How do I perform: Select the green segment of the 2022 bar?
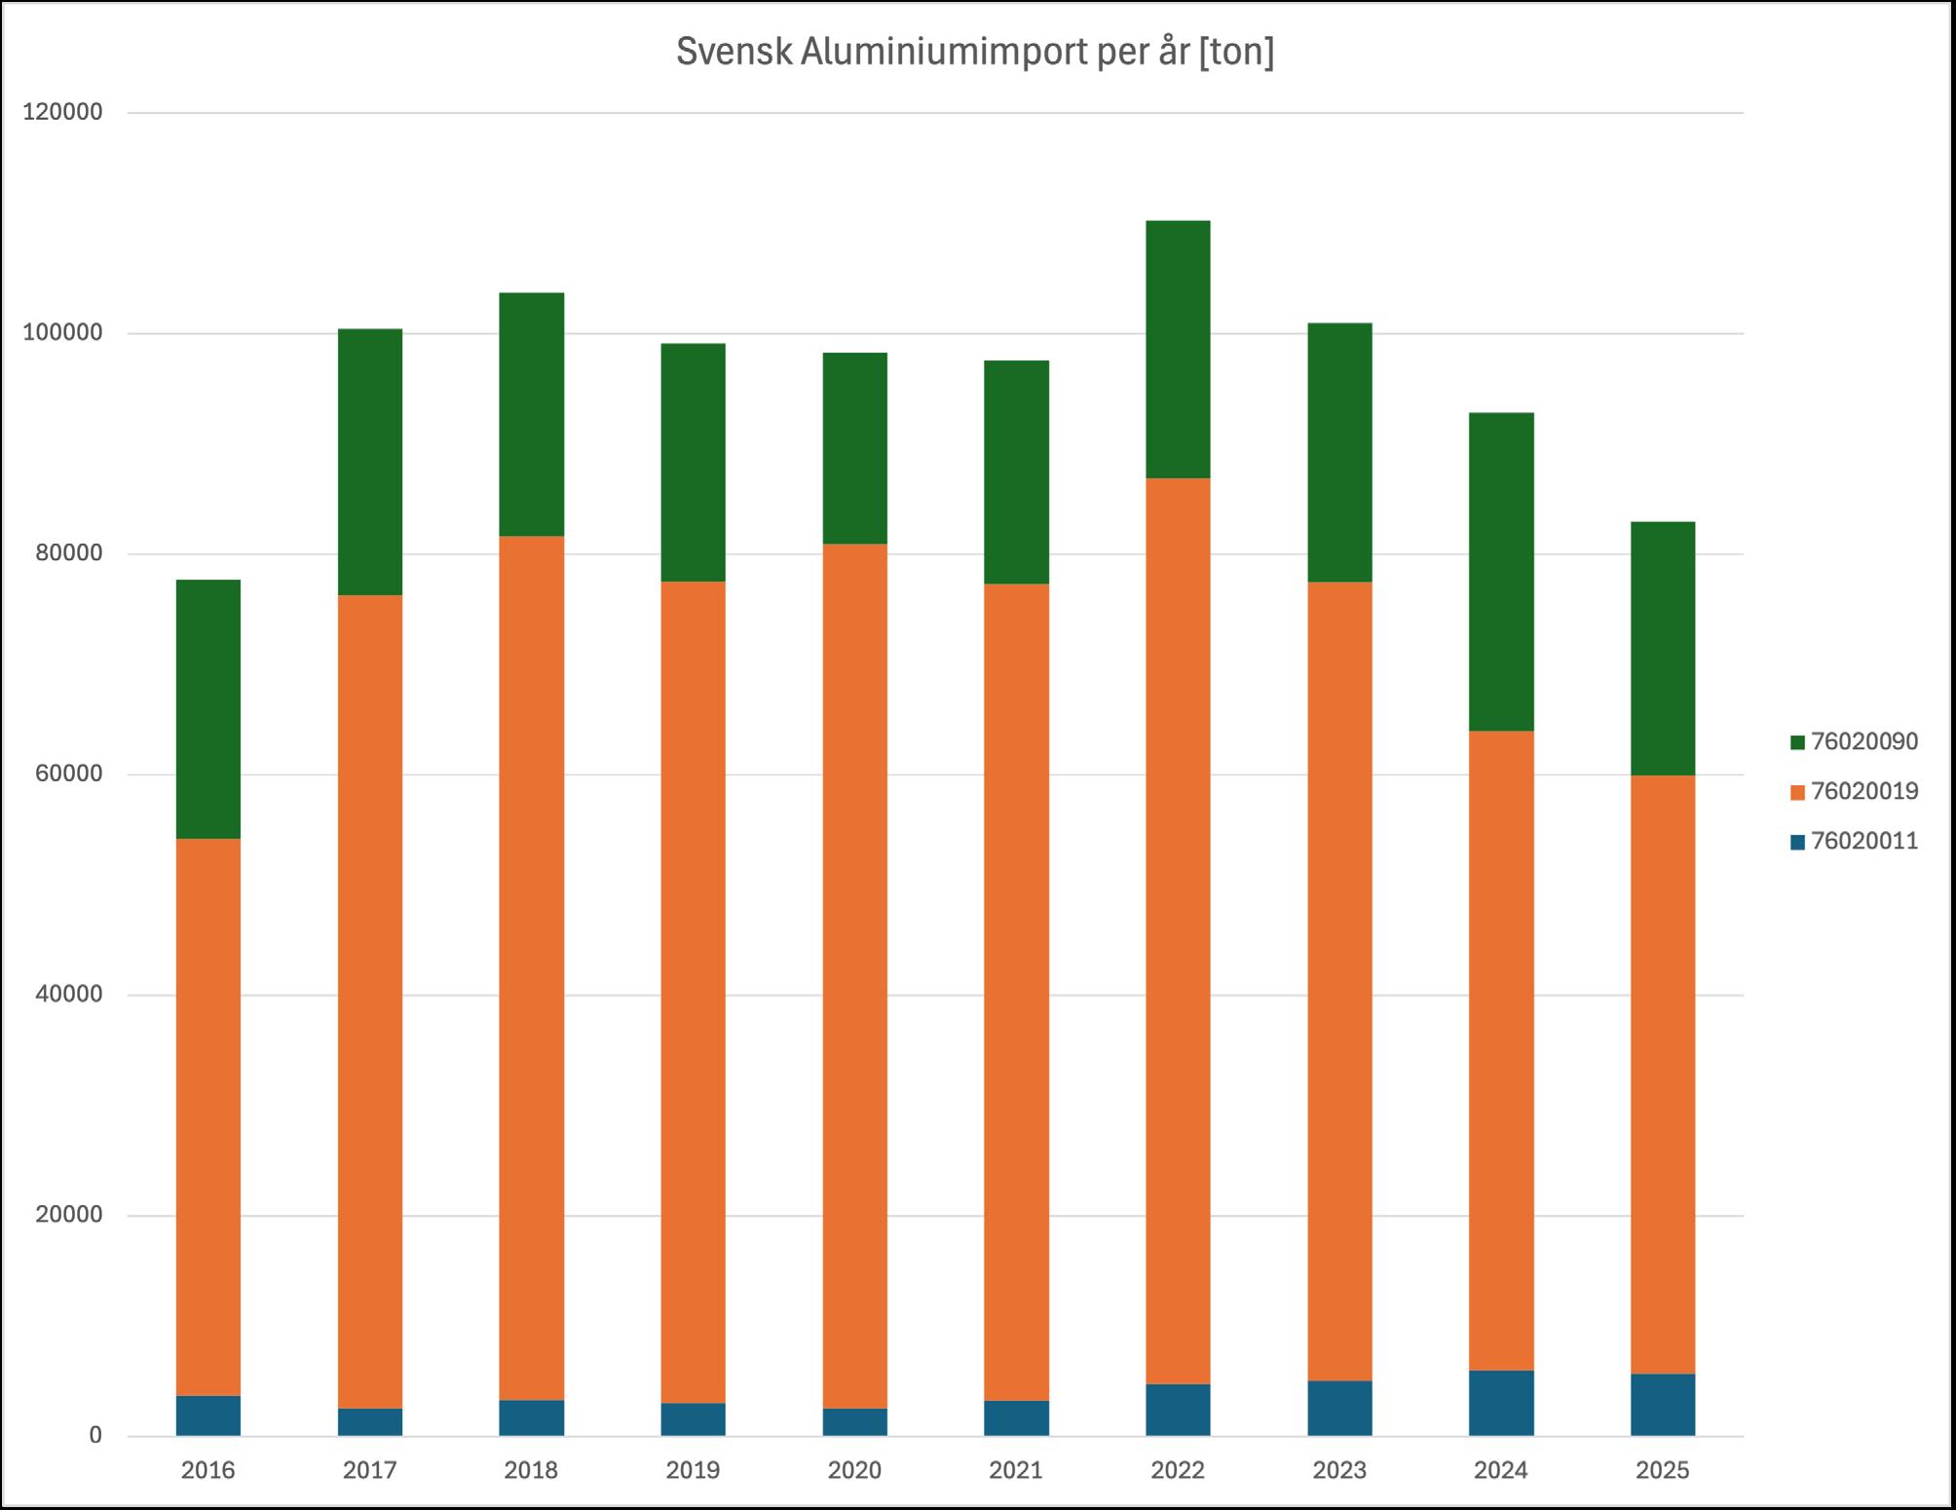coord(1178,350)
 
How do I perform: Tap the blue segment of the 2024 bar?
coord(1501,1403)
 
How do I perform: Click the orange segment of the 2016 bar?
coord(208,1117)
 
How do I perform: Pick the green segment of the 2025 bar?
coord(1663,649)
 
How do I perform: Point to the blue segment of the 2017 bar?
coord(370,1422)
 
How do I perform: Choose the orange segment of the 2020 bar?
coord(855,976)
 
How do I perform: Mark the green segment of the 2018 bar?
coord(532,415)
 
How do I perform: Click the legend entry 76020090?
coord(1854,742)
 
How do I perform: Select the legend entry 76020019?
coord(1854,791)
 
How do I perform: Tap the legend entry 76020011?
coord(1854,841)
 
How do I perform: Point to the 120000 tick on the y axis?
coord(62,112)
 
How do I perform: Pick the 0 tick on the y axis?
coord(95,1436)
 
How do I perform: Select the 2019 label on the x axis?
coord(693,1470)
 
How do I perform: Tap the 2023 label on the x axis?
coord(1339,1470)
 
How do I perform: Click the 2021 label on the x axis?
coord(1016,1470)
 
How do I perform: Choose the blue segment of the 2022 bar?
coord(1178,1410)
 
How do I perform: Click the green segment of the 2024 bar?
coord(1501,572)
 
